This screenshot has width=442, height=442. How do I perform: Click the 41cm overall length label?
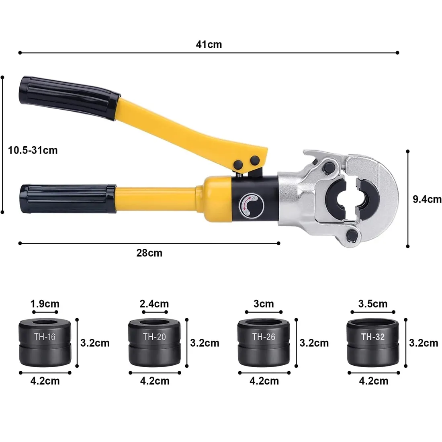click(x=209, y=45)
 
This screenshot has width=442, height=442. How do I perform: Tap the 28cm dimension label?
click(x=149, y=253)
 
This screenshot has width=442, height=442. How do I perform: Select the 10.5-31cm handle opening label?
click(x=33, y=150)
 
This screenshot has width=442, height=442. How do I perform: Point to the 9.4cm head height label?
click(x=427, y=199)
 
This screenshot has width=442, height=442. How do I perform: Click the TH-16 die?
click(x=45, y=342)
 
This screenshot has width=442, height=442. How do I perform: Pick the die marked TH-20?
click(x=154, y=342)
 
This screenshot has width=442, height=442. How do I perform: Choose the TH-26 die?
click(x=264, y=342)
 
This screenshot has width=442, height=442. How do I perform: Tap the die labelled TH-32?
click(x=373, y=342)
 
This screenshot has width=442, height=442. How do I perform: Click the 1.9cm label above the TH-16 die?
click(x=45, y=304)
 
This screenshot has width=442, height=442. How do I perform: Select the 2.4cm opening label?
click(x=154, y=304)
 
